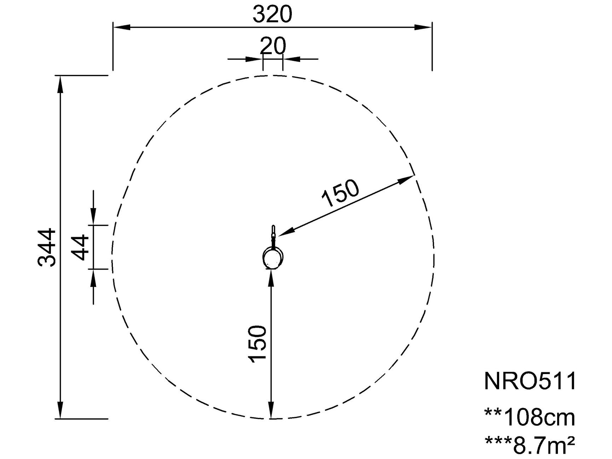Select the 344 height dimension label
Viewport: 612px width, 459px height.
click(47, 247)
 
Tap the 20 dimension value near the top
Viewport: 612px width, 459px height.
click(273, 46)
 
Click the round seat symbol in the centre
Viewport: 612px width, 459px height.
click(273, 258)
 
